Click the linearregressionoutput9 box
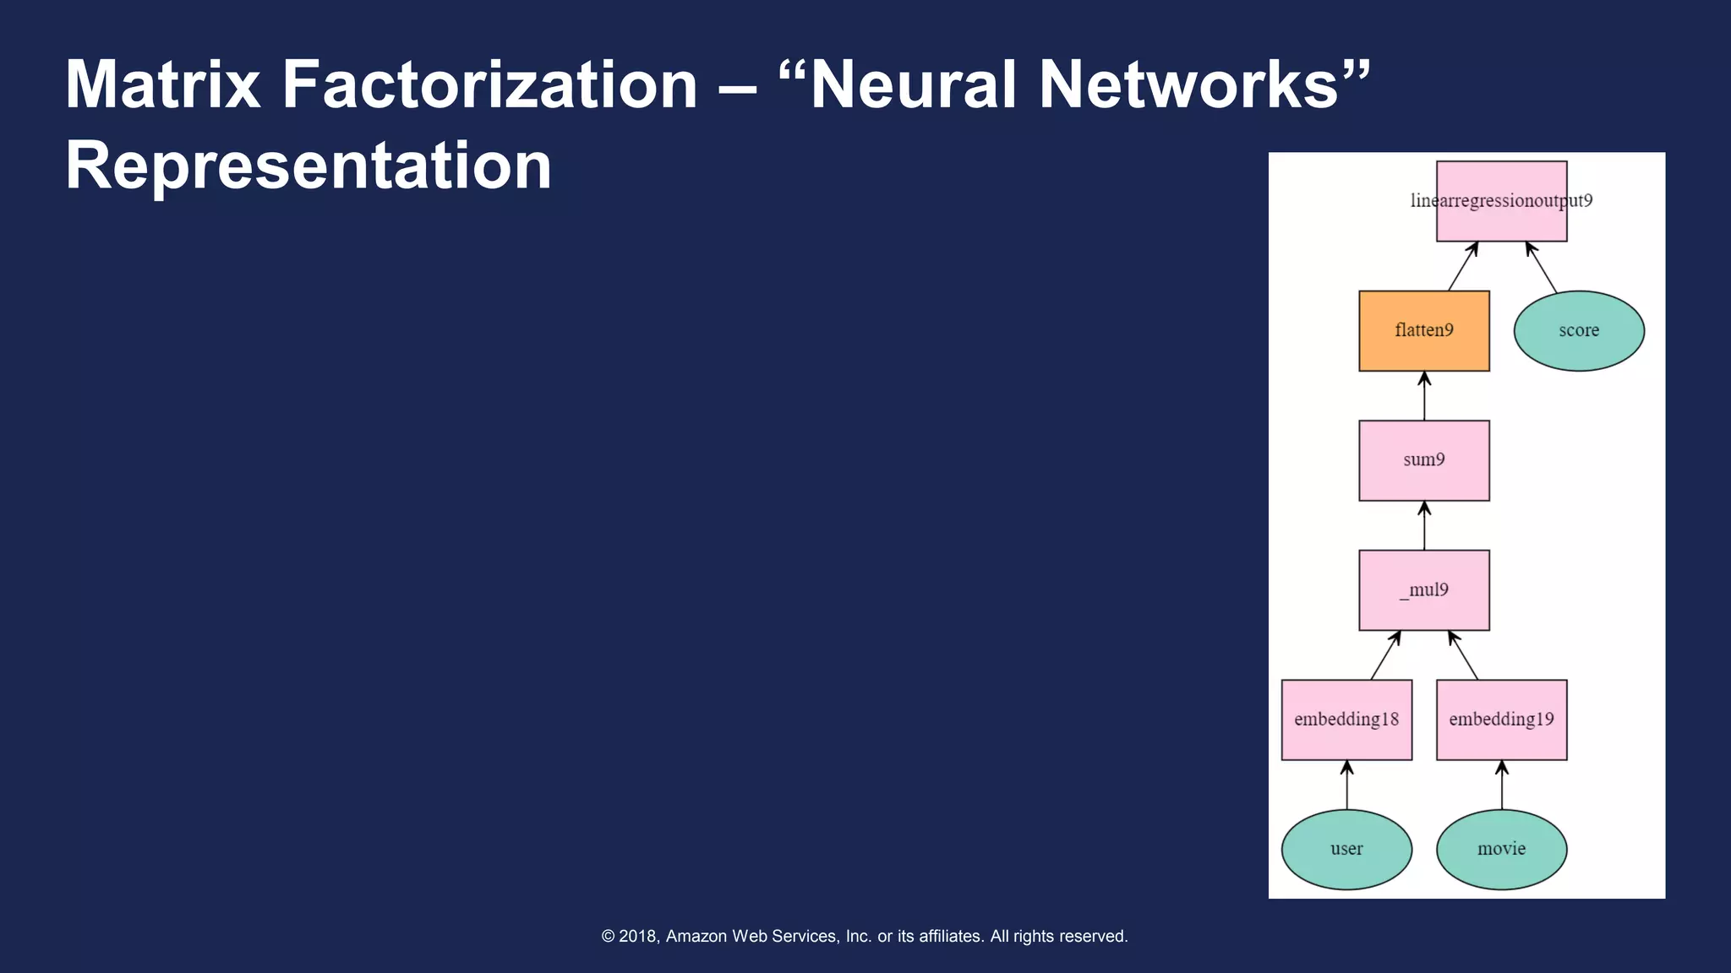(1501, 201)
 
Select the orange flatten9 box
(1424, 330)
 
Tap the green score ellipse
(1579, 330)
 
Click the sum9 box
(1424, 460)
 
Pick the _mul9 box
(1424, 590)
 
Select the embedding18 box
(1346, 720)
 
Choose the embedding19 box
(1501, 720)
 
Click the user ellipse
(1346, 849)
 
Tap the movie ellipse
(1501, 849)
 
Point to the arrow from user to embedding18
(1346, 785)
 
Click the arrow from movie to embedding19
(1502, 785)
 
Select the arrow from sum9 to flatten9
(1424, 396)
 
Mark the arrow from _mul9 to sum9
(1424, 525)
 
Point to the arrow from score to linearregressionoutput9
(1542, 268)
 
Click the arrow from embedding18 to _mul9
(1385, 655)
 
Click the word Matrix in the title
(162, 84)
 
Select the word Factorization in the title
(489, 84)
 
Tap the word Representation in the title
(309, 166)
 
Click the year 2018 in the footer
(638, 936)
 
